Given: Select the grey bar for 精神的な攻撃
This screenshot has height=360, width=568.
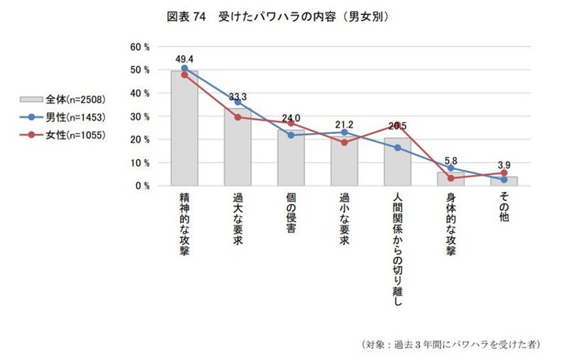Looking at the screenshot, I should pos(184,129).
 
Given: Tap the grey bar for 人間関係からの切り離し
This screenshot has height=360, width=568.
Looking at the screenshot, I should pos(397,162).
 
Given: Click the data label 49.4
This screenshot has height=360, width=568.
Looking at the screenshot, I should pos(184,58).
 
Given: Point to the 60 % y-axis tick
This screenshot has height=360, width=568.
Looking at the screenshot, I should pos(140,46).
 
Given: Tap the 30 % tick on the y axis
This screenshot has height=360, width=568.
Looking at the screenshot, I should pos(140,116).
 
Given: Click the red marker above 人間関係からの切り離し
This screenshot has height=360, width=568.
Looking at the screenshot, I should pos(397,125).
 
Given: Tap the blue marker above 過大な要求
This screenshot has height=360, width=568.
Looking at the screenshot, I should pos(237,102).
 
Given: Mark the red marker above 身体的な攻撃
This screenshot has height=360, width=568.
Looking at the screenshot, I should pos(450,178).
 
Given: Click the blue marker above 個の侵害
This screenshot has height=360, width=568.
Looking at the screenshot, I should pos(291,135).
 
